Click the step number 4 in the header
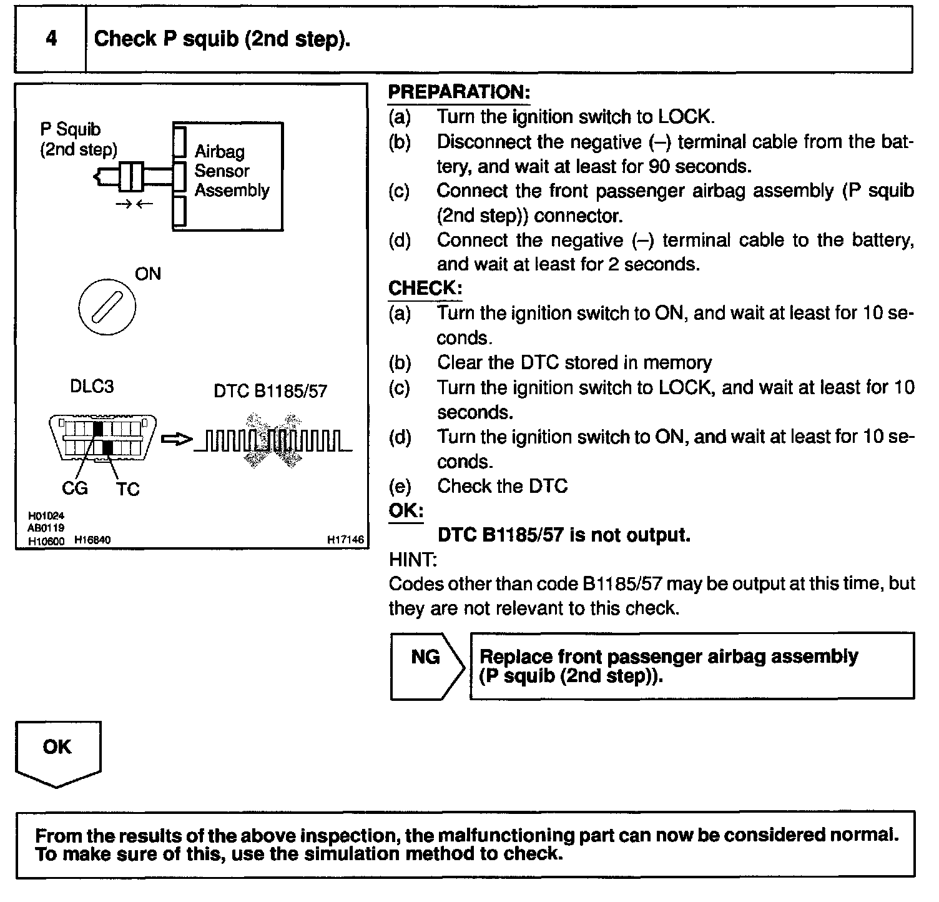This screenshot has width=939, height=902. click(x=51, y=39)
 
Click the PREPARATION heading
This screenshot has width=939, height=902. click(x=459, y=92)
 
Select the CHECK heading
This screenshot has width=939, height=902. click(x=425, y=288)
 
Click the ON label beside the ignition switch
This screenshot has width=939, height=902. click(x=148, y=274)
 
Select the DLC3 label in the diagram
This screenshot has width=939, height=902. click(x=92, y=387)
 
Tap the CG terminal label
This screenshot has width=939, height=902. click(x=75, y=488)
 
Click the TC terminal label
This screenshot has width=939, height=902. click(x=128, y=489)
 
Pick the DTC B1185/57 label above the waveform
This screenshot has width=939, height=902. click(x=270, y=391)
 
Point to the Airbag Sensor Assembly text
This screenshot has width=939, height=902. click(x=232, y=171)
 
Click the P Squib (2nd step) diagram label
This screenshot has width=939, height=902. click(x=78, y=139)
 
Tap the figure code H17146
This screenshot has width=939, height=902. click(x=345, y=540)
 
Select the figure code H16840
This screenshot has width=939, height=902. click(x=92, y=540)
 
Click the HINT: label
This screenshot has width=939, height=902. click(x=413, y=559)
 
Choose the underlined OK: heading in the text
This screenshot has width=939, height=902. click(x=406, y=510)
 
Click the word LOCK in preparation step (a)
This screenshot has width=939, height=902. click(x=685, y=117)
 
